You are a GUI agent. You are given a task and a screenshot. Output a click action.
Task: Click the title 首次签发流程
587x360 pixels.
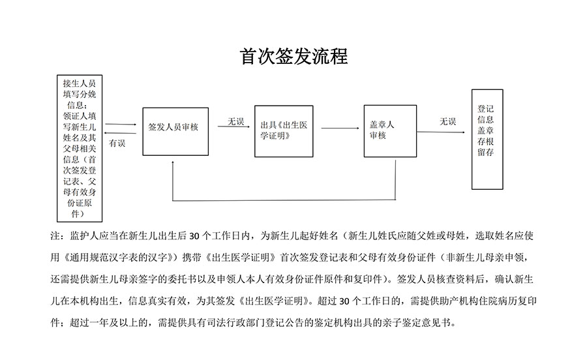(x=294, y=57)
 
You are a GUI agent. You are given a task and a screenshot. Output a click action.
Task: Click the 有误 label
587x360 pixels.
(x=117, y=143)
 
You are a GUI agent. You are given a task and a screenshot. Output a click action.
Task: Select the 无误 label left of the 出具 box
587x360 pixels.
(x=236, y=121)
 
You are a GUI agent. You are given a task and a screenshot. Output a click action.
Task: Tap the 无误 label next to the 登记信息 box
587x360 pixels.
(x=447, y=121)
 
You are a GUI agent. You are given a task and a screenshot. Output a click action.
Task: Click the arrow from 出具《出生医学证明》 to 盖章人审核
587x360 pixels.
(x=340, y=128)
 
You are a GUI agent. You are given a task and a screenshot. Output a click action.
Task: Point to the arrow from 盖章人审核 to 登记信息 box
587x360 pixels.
(x=441, y=132)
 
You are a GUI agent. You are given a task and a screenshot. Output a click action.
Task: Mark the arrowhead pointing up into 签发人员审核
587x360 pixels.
(x=172, y=162)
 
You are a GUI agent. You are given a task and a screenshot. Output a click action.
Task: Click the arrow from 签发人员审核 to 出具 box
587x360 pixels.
(x=233, y=127)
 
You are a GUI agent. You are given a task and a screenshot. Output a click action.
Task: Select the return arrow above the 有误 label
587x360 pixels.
(x=120, y=132)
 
